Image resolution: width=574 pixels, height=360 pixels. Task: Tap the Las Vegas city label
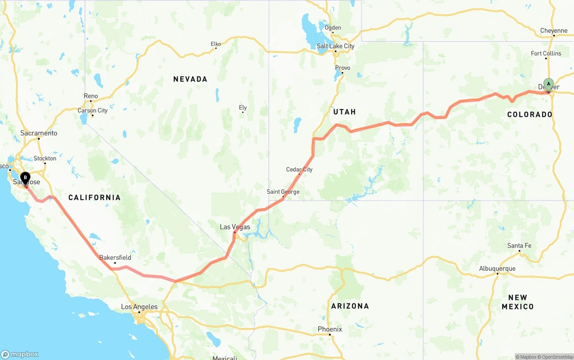click(235, 227)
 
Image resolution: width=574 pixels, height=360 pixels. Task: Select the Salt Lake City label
click(335, 46)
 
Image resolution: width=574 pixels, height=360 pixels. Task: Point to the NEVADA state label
click(190, 79)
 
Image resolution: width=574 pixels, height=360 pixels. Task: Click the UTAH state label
click(344, 112)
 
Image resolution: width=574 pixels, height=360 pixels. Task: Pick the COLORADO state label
click(530, 114)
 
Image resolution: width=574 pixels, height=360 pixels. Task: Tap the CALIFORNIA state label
click(94, 197)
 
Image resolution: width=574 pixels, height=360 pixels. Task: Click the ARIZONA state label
click(350, 306)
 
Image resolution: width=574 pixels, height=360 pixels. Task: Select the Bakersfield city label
click(115, 257)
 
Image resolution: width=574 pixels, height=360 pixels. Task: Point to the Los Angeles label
click(139, 307)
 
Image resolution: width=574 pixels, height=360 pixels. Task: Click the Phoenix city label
click(330, 329)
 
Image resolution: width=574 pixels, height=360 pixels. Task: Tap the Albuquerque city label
click(497, 269)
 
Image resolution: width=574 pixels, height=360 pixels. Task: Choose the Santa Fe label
click(519, 246)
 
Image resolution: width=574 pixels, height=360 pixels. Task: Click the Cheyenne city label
click(554, 31)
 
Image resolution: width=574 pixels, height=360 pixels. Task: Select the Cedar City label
click(299, 169)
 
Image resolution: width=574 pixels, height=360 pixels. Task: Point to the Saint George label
click(283, 192)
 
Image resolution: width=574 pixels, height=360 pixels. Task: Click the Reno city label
click(91, 96)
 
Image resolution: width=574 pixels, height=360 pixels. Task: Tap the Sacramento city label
click(39, 133)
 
